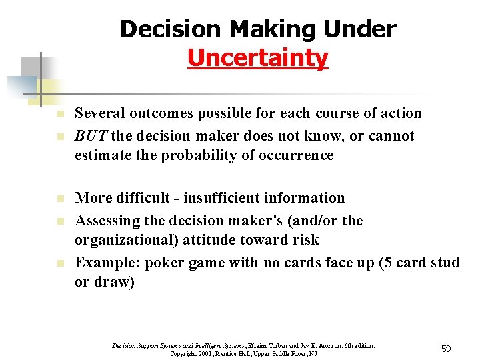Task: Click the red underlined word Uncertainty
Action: pyautogui.click(x=257, y=58)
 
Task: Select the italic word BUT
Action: pyautogui.click(x=91, y=136)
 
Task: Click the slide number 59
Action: pyautogui.click(x=446, y=349)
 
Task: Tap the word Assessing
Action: pyautogui.click(x=107, y=220)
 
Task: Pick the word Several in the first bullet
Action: pyautogui.click(x=101, y=113)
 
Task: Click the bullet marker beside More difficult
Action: pyautogui.click(x=59, y=199)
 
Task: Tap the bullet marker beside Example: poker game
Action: pyautogui.click(x=59, y=263)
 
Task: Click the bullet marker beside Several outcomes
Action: pyautogui.click(x=59, y=115)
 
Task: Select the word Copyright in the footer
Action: pyautogui.click(x=184, y=353)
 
